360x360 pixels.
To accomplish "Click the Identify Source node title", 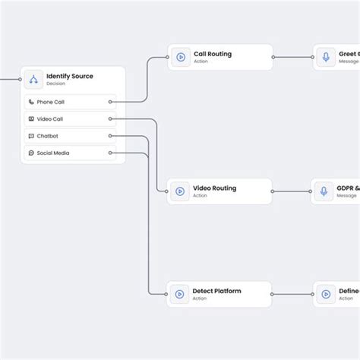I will click(x=70, y=76).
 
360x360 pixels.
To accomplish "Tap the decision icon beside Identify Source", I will click(x=33, y=79).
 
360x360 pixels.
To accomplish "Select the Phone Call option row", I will click(x=68, y=102).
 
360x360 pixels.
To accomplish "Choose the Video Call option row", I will click(x=68, y=118).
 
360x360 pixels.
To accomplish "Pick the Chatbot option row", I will click(x=68, y=136).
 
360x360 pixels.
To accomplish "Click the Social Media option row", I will click(x=68, y=153).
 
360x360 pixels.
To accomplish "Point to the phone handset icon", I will click(x=31, y=102).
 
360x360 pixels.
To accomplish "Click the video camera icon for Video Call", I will click(x=31, y=118).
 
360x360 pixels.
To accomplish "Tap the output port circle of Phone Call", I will click(x=111, y=102).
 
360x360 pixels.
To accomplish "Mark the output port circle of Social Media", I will click(x=111, y=153).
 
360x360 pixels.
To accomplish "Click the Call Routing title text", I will click(x=213, y=54).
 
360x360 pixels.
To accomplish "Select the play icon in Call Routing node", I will click(x=181, y=57).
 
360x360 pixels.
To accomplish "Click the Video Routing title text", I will click(x=215, y=188).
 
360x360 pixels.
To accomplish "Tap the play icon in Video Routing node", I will click(x=181, y=191).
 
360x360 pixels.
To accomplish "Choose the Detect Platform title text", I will click(x=217, y=291).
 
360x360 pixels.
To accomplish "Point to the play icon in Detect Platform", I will click(x=181, y=294).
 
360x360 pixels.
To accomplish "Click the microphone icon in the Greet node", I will click(x=325, y=57).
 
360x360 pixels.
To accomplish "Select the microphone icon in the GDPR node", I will click(x=324, y=191).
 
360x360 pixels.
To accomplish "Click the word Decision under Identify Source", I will click(x=55, y=84).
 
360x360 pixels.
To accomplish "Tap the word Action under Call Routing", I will click(x=201, y=62).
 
